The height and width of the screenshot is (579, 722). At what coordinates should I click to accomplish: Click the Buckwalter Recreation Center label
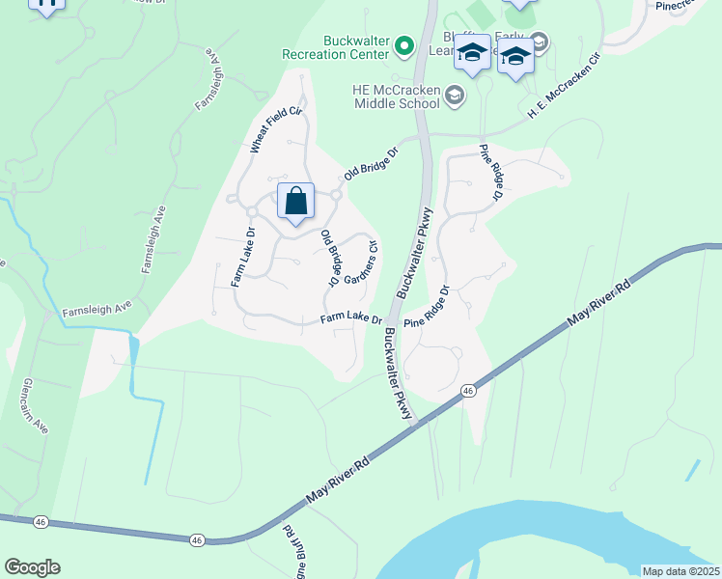[342, 48]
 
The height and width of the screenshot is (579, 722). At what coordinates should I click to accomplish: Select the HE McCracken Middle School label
[396, 95]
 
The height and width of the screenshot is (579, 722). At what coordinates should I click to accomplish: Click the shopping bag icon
[296, 202]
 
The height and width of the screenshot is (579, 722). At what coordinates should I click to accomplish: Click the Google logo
[32, 567]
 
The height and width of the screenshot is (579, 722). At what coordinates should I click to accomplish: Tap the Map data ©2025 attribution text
[680, 571]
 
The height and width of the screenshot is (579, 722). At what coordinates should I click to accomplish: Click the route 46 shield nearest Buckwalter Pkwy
[468, 390]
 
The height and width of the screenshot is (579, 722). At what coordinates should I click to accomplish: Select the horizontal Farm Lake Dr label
[351, 318]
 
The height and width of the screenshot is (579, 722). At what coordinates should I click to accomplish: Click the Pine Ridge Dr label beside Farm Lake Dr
[427, 307]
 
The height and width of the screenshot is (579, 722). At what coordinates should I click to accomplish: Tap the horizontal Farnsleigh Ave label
[96, 311]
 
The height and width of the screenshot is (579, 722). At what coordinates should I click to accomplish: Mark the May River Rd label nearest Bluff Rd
[338, 480]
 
